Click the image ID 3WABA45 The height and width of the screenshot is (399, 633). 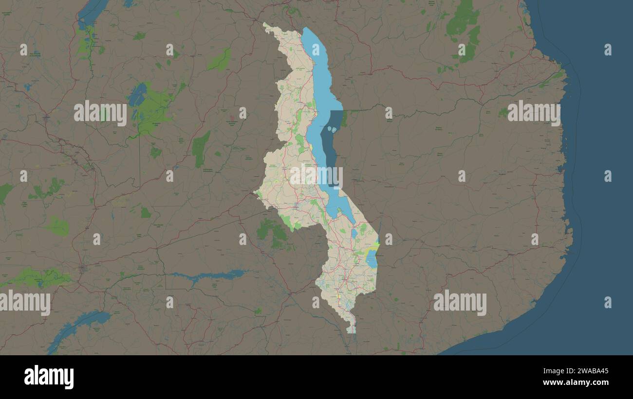(576, 371)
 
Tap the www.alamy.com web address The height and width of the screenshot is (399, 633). (576, 382)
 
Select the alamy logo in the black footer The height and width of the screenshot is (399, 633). (49, 377)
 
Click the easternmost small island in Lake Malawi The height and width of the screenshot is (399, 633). (334, 129)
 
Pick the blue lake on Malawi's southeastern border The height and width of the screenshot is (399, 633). (372, 258)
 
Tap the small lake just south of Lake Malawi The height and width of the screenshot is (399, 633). (354, 233)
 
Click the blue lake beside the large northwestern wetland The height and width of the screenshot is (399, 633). (137, 94)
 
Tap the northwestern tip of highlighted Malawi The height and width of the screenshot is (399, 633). (264, 23)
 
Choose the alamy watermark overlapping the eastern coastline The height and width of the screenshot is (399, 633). (534, 113)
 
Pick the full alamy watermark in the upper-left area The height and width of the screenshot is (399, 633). (100, 113)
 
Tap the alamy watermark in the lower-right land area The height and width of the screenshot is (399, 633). (460, 303)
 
